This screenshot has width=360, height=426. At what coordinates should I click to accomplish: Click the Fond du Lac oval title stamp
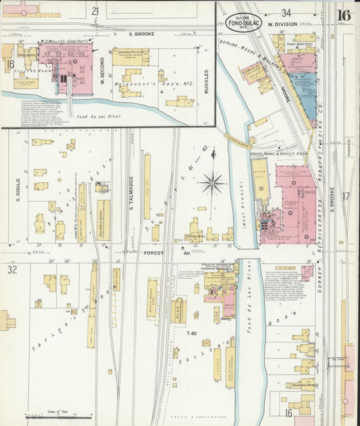coord(242,23)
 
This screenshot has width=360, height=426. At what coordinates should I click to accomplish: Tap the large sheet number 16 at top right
coord(344,15)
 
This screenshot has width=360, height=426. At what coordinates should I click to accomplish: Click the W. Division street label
coord(282,25)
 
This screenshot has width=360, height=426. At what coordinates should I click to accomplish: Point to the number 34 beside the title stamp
coord(286,12)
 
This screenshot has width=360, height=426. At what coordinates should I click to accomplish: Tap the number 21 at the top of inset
coord(95,11)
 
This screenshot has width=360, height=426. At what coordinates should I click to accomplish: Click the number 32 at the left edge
coord(11,270)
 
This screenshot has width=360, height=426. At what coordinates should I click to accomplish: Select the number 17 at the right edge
coord(345,196)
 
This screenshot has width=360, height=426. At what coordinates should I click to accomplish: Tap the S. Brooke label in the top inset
coord(142,32)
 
